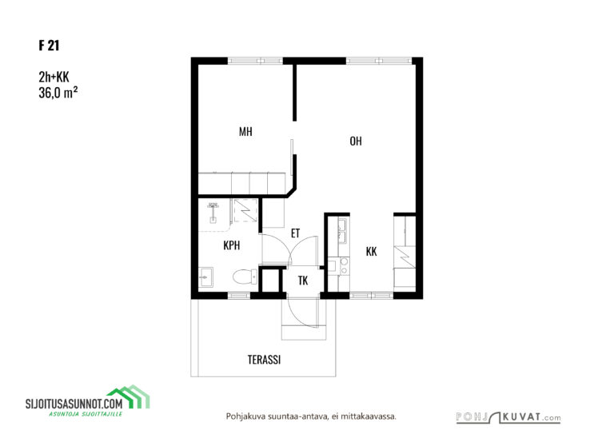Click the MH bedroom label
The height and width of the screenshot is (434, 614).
[245, 132]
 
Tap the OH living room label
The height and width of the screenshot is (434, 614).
[356, 141]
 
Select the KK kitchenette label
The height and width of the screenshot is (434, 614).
[371, 251]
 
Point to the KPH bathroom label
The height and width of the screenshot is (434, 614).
[231, 245]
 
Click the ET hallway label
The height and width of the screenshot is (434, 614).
[295, 233]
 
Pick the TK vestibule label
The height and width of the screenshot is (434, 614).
[303, 281]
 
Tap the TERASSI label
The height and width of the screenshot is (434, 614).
[264, 360]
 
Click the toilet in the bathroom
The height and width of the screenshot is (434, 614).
[245, 277]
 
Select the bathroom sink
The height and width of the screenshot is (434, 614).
[205, 277]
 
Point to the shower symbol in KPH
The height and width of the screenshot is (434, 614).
[213, 212]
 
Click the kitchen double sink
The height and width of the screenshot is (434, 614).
[342, 230]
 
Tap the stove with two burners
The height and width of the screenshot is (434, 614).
[344, 265]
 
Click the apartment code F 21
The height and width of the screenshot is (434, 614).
[49, 46]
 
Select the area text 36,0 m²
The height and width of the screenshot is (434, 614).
[58, 93]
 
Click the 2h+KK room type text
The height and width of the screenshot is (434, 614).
[54, 77]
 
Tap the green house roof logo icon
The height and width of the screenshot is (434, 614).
[130, 396]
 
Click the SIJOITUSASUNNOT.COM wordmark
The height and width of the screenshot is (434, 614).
[74, 404]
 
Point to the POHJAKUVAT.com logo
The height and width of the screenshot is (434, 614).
[508, 417]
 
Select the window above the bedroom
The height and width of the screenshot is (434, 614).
[255, 61]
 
